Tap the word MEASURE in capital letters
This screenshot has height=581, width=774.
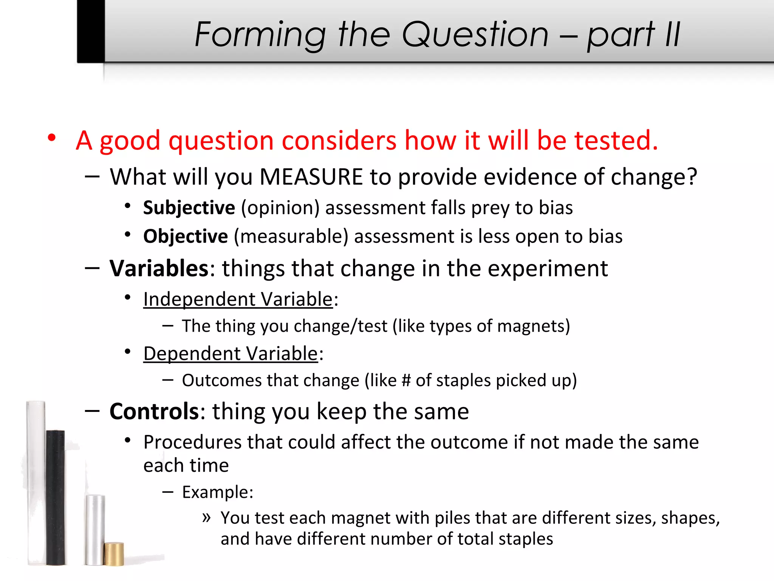(x=311, y=177)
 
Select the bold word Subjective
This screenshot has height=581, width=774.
(x=189, y=208)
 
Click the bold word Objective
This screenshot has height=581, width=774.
(x=186, y=236)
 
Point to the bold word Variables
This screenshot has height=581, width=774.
(x=159, y=269)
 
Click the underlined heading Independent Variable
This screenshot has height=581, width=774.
(x=238, y=299)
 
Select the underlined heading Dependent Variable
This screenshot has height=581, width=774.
(x=231, y=354)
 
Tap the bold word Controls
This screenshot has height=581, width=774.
(x=154, y=411)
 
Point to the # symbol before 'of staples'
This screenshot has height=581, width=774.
(x=406, y=381)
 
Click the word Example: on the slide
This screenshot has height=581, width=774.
(x=218, y=492)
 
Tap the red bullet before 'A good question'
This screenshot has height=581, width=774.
(x=52, y=138)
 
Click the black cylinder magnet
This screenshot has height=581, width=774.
(x=56, y=497)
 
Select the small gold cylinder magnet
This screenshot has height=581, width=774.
(x=114, y=554)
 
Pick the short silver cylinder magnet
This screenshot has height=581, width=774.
(x=94, y=530)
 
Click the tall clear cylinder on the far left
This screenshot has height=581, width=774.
(x=36, y=482)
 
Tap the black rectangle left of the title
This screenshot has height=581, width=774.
(x=91, y=31)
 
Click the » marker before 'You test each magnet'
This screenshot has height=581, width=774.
(x=206, y=517)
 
